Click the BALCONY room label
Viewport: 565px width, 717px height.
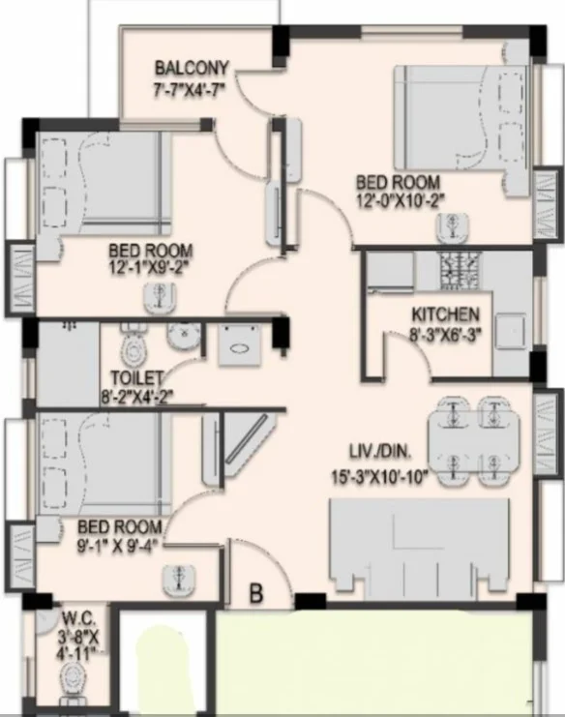(192, 68)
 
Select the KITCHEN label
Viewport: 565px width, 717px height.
(445, 314)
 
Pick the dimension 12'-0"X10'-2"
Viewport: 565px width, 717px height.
(398, 201)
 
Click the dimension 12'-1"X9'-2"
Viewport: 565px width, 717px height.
(148, 270)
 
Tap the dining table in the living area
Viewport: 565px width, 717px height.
(474, 439)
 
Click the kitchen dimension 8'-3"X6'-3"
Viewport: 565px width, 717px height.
(445, 335)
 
